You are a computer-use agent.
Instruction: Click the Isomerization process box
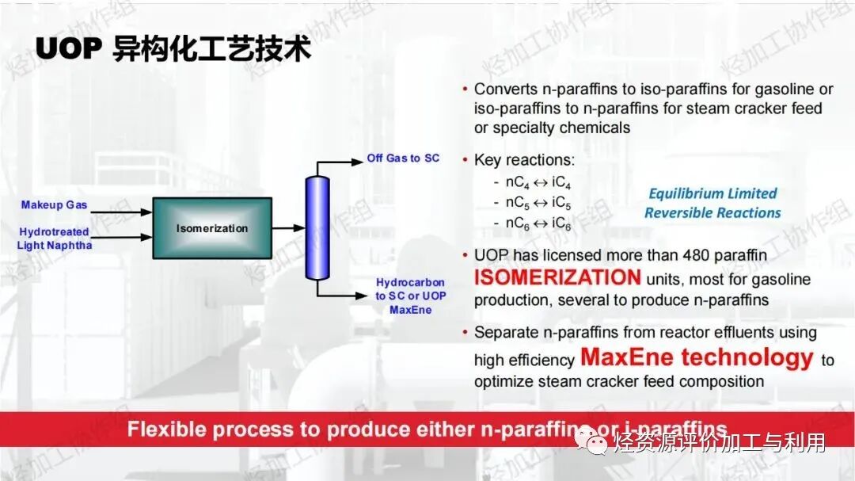pos(211,228)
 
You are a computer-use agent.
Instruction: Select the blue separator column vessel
pos(317,227)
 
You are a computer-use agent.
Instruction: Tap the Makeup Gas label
pos(54,205)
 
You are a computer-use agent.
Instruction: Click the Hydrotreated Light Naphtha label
pos(54,239)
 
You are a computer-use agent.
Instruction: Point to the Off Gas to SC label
pos(403,158)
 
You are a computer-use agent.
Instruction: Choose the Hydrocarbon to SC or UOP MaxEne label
pos(410,296)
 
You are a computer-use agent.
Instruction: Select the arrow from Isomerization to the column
pos(288,228)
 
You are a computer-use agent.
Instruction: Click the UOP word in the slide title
pos(68,49)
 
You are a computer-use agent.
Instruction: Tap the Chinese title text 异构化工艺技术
pos(211,49)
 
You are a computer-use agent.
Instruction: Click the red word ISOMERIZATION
pos(557,277)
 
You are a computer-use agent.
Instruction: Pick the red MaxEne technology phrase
pos(697,357)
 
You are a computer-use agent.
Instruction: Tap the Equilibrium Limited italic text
pos(712,193)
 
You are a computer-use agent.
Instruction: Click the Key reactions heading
pos(524,160)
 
